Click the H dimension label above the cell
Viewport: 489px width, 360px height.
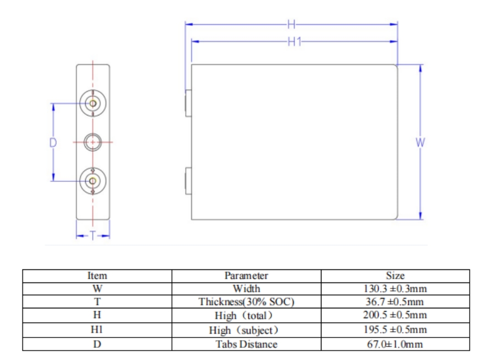[x=291, y=24]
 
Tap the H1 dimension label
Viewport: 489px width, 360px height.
[x=294, y=41]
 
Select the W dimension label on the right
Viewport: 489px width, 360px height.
[x=420, y=142]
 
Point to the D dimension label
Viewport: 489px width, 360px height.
[x=53, y=142]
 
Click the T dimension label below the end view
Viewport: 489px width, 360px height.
[x=93, y=235]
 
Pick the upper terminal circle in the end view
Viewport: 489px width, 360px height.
[x=93, y=103]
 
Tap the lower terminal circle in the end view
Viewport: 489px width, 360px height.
[x=93, y=181]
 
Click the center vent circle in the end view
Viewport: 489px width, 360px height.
[x=93, y=142]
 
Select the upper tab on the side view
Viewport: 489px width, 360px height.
[x=188, y=103]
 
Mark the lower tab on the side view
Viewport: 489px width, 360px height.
[x=188, y=181]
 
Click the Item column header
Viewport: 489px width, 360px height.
[x=97, y=276]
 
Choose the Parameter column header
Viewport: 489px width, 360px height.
[x=246, y=276]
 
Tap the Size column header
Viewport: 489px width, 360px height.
[x=395, y=275]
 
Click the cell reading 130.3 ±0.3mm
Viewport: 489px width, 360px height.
[x=395, y=289]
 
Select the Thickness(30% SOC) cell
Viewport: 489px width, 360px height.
[x=246, y=302]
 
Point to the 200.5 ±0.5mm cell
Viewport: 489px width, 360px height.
[x=395, y=315]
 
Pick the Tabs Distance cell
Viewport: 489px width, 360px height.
[x=246, y=344]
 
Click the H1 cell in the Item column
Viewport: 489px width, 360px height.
[x=97, y=329]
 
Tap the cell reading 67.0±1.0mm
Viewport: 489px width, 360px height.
[x=395, y=344]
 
